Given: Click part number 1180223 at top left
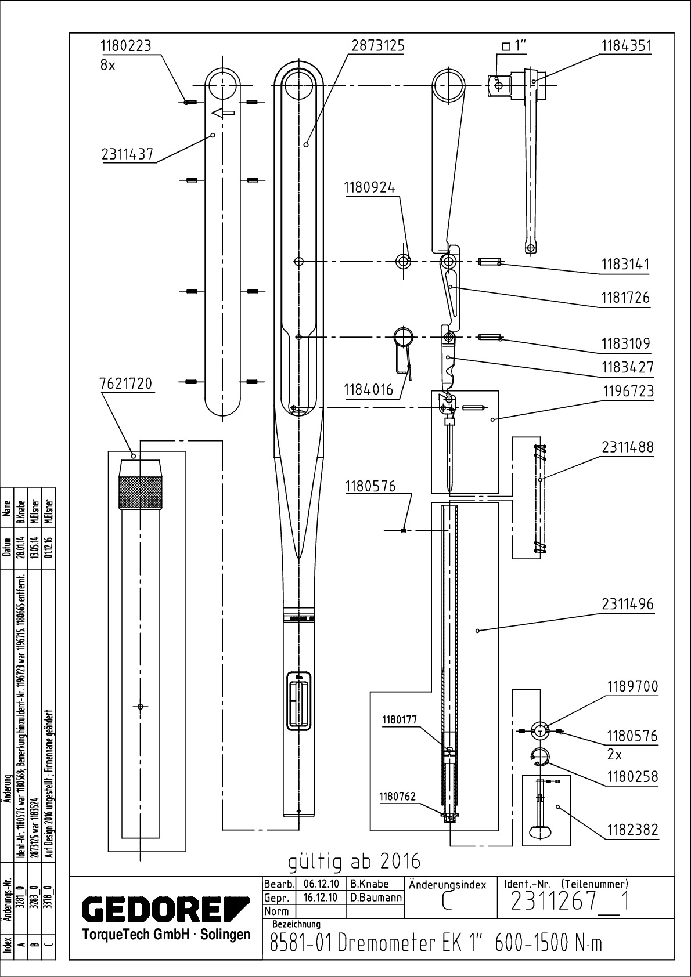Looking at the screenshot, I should pos(125,46).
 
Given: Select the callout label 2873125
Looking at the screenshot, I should pos(377,46).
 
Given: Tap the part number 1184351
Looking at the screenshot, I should pos(625,46).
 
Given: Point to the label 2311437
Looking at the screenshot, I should pos(127,154).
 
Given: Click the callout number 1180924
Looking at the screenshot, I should pos(369,188).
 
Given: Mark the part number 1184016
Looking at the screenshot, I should pos(368,389).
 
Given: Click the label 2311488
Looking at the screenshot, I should pos(627,447).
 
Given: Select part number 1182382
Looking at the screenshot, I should pos(632,830).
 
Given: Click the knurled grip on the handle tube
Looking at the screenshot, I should pos(140,492).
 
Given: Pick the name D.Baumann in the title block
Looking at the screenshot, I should pos(376,898).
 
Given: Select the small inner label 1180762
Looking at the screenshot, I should pos(398,797).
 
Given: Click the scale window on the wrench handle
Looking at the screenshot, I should pos(299,703).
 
